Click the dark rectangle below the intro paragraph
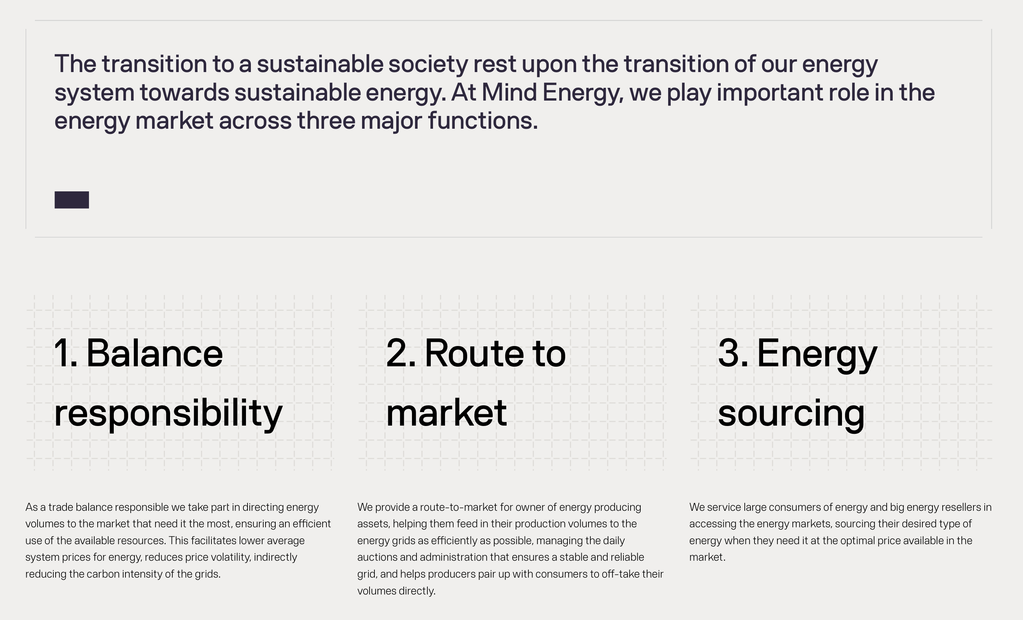72,200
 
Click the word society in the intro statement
428,65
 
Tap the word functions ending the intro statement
483,120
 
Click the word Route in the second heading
474,353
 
